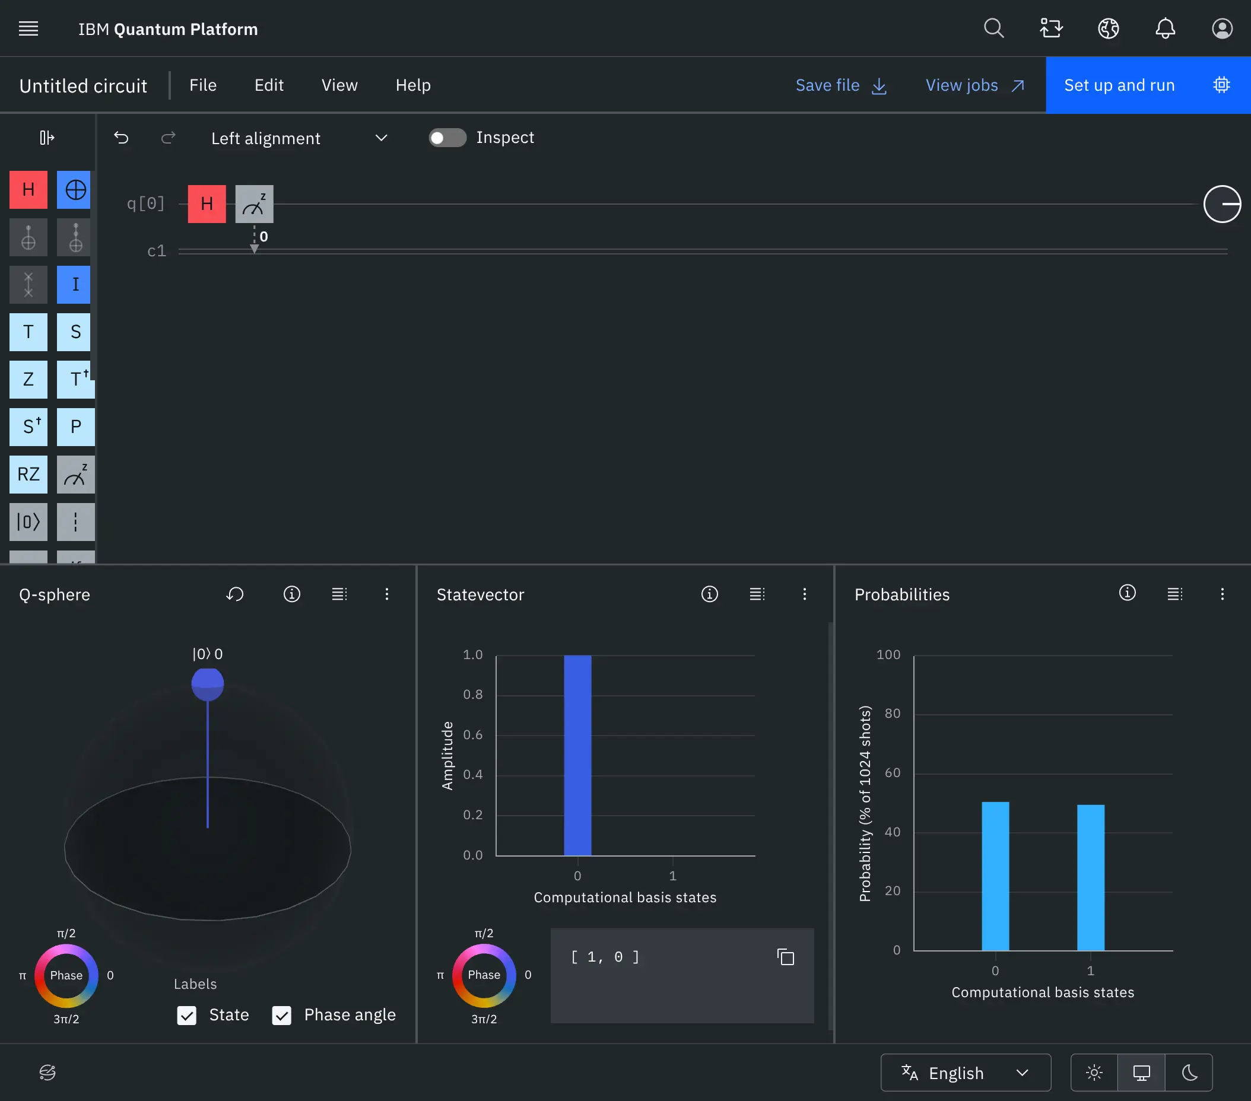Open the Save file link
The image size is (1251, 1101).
pyautogui.click(x=840, y=85)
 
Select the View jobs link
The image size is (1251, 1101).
pyautogui.click(x=974, y=85)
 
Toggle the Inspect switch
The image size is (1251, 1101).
pyautogui.click(x=447, y=138)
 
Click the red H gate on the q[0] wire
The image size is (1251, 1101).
pyautogui.click(x=207, y=203)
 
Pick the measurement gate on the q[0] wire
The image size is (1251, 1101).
pyautogui.click(x=254, y=203)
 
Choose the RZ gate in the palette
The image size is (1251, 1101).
pyautogui.click(x=28, y=474)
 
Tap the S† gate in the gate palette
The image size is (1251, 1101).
pyautogui.click(x=28, y=427)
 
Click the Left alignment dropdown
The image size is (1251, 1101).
pyautogui.click(x=298, y=138)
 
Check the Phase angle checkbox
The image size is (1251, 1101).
pyautogui.click(x=281, y=1016)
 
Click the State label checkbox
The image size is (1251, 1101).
pyautogui.click(x=187, y=1016)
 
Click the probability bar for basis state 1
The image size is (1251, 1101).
pyautogui.click(x=1090, y=877)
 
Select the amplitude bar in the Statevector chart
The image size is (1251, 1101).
pyautogui.click(x=577, y=755)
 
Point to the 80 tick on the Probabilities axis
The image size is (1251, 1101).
pyautogui.click(x=893, y=713)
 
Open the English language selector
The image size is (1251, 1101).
pyautogui.click(x=965, y=1073)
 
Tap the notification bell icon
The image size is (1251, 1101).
pyautogui.click(x=1165, y=28)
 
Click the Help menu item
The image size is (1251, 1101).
pyautogui.click(x=413, y=85)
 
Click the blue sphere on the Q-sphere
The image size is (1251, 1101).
pyautogui.click(x=208, y=684)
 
